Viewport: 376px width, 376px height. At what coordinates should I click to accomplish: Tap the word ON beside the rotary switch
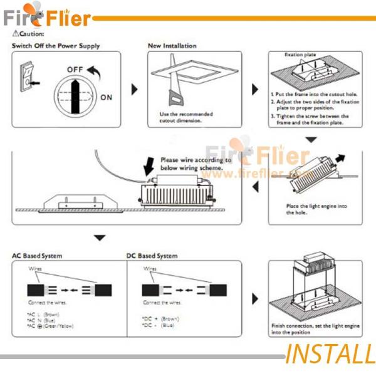106,97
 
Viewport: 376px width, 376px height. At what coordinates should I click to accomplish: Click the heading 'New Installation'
172,46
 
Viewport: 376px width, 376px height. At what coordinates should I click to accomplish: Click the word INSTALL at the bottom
330,355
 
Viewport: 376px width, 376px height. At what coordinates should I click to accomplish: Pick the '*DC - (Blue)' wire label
157,325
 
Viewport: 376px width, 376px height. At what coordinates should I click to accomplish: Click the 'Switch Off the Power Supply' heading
56,46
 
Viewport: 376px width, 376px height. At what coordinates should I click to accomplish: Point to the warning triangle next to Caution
16,33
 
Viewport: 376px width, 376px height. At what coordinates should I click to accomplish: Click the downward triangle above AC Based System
99,238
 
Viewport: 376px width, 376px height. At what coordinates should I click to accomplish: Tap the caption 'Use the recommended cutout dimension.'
186,117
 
